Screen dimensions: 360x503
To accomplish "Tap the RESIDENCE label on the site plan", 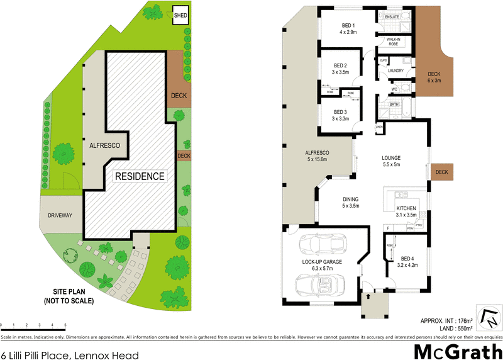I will pos(140,176).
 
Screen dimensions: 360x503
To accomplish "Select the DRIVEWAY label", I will pos(60,216).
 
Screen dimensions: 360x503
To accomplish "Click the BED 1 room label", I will pos(348,25).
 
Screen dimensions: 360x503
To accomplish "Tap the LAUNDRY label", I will pos(395,70).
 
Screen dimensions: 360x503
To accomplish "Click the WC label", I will pos(394,89).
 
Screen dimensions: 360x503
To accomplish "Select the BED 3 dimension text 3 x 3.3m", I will pos(341,118).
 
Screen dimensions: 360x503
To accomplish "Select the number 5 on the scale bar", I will pos(65,325).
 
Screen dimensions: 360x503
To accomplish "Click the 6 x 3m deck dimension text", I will pos(434,81).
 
